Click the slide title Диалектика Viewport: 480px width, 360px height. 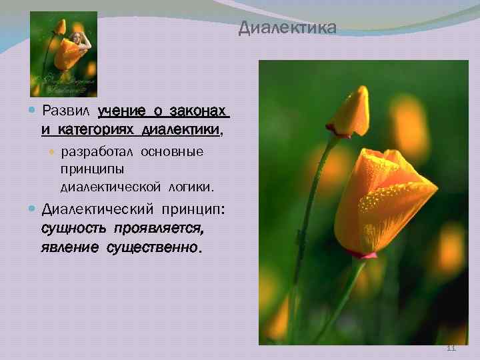point(288,29)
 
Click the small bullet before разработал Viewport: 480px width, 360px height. point(53,153)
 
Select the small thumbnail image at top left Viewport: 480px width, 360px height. point(63,55)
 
